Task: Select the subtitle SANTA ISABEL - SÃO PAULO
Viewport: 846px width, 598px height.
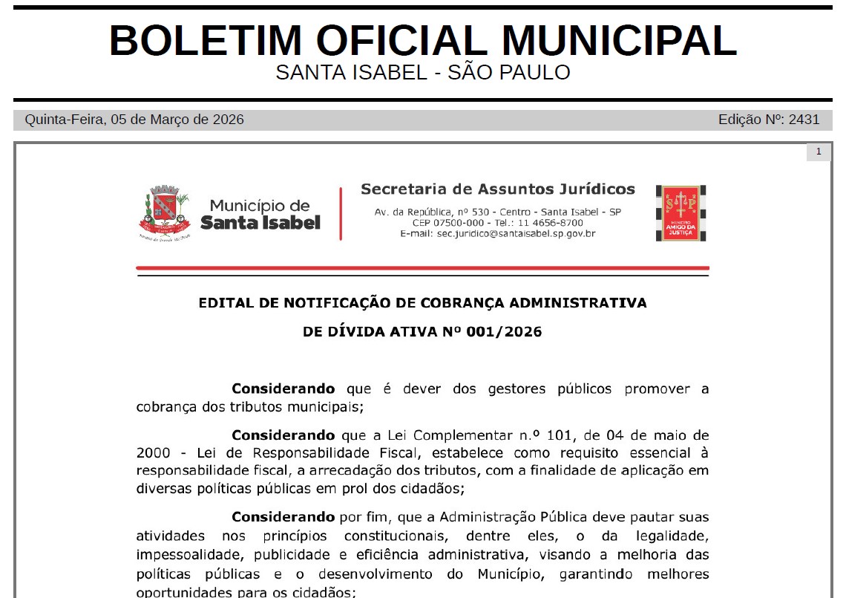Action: (x=422, y=73)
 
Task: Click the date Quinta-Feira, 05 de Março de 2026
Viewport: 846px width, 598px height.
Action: (x=134, y=120)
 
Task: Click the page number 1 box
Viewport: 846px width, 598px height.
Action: (x=819, y=152)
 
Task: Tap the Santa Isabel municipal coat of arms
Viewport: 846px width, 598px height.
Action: (x=164, y=212)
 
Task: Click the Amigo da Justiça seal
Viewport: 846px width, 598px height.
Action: (x=681, y=213)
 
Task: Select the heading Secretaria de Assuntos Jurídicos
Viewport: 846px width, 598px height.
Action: (x=498, y=189)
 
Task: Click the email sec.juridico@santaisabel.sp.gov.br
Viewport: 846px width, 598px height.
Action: (x=498, y=233)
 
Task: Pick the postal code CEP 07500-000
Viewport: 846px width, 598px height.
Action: (x=447, y=223)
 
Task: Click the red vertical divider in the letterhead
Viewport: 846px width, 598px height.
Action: (x=341, y=213)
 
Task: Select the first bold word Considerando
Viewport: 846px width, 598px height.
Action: (x=283, y=389)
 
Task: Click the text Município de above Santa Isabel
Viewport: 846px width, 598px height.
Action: (x=260, y=205)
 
